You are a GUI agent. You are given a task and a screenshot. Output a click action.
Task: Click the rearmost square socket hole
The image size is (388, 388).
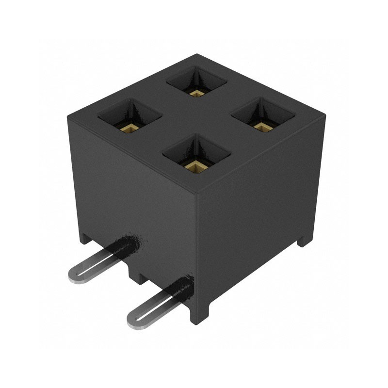[196, 81]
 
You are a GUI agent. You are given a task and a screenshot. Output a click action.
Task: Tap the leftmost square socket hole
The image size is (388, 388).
[129, 116]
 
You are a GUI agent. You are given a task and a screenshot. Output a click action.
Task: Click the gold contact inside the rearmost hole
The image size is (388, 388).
[196, 92]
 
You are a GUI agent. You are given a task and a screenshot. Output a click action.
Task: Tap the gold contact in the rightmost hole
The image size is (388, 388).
[262, 127]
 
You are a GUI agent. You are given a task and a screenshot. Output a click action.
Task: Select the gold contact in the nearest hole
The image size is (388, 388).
[196, 167]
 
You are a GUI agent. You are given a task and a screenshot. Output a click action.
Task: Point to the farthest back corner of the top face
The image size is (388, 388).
[197, 54]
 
